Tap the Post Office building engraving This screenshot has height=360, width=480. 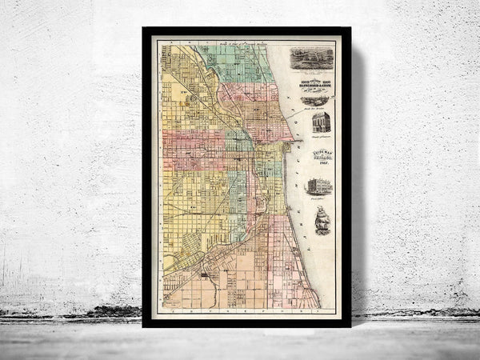tap(319, 187)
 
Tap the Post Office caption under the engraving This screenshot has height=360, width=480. tap(319, 198)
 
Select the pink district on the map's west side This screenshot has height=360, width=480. tap(192, 148)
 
